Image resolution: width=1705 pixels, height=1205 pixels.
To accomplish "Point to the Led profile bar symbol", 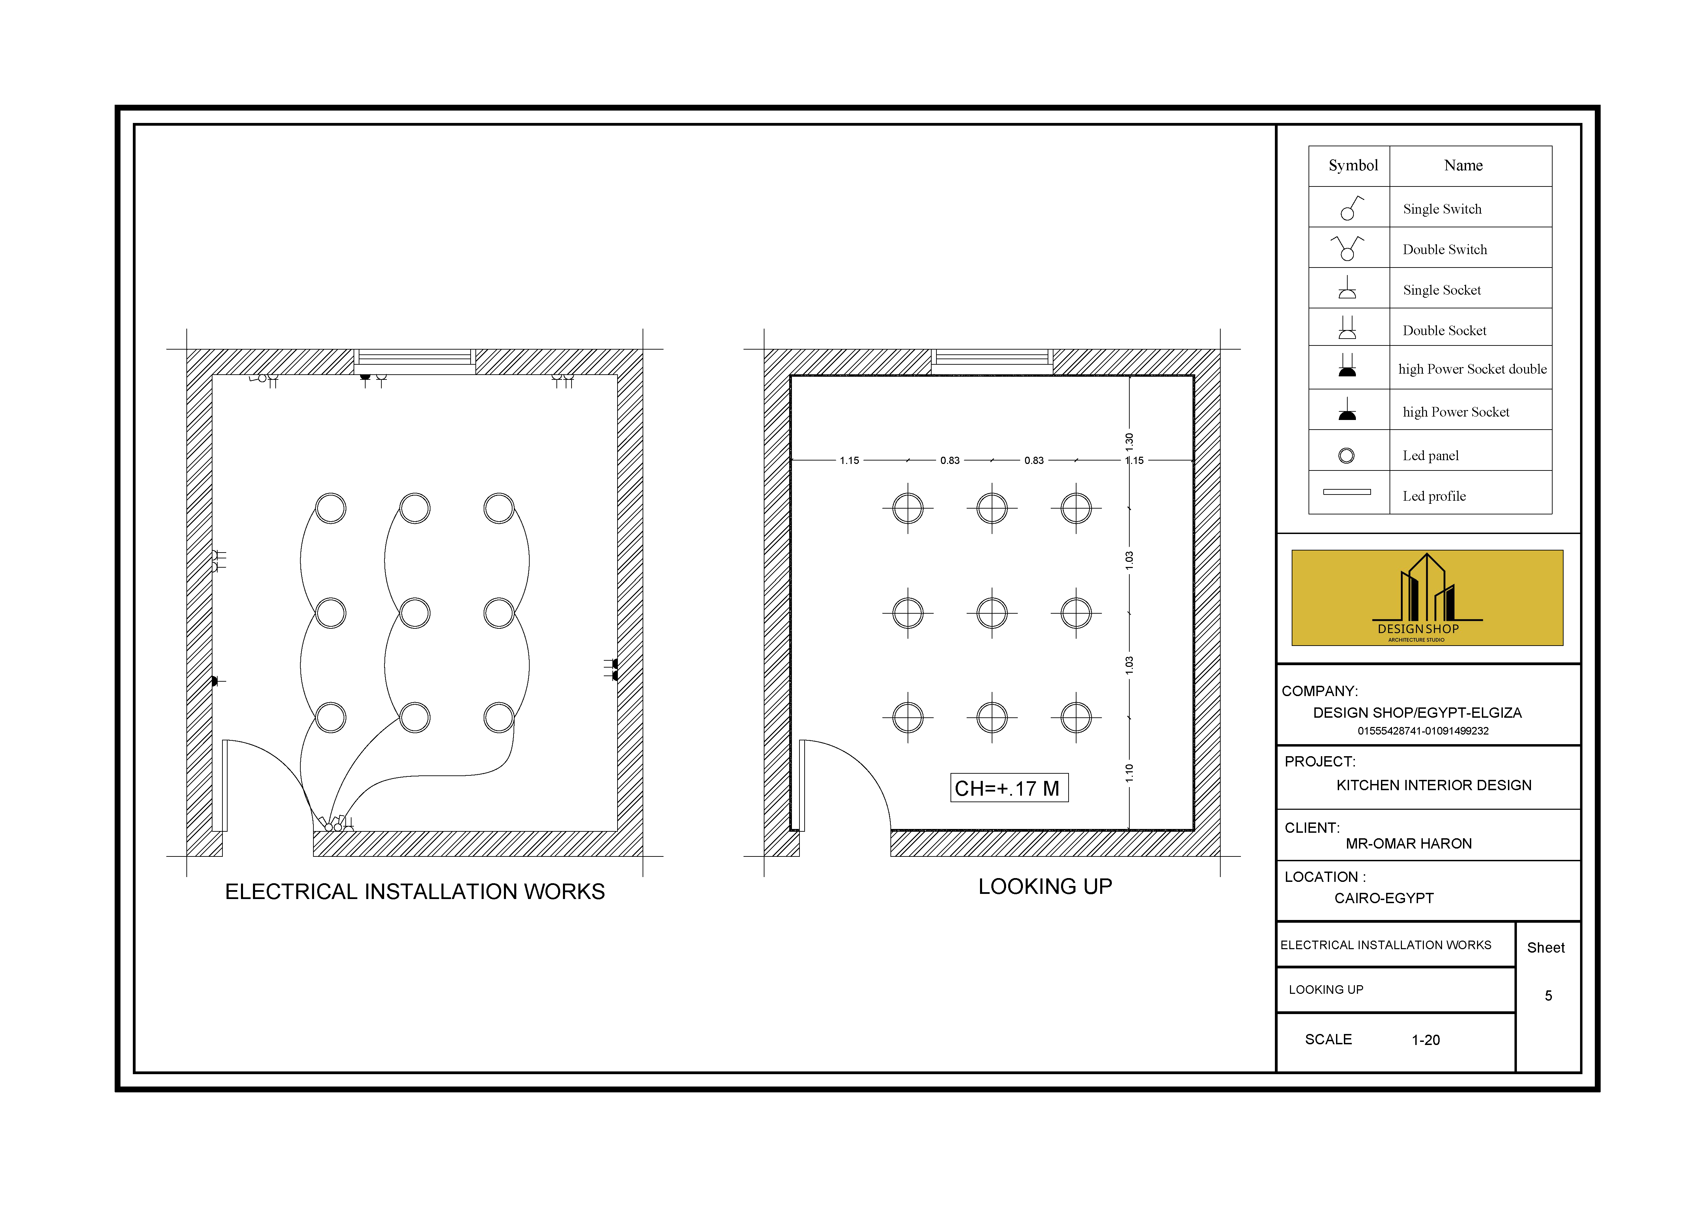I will tap(1346, 492).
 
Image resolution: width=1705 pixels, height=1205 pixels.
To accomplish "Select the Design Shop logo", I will tap(1427, 597).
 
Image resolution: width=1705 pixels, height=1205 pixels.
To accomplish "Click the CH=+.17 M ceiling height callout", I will tap(1009, 788).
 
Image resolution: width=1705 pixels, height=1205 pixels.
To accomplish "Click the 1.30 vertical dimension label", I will tap(1129, 442).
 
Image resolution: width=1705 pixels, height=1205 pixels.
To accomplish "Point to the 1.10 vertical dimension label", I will tap(1129, 773).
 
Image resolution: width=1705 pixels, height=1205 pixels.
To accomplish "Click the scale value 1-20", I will tap(1425, 1040).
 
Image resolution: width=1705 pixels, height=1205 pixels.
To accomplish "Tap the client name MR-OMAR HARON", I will tap(1408, 843).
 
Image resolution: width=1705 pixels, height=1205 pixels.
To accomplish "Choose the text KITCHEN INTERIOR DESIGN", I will tap(1433, 785).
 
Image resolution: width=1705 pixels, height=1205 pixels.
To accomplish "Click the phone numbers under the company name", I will tap(1423, 731).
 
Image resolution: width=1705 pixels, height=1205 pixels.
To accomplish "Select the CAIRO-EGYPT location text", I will tap(1383, 898).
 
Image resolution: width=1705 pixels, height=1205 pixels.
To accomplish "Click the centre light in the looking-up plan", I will tap(991, 613).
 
